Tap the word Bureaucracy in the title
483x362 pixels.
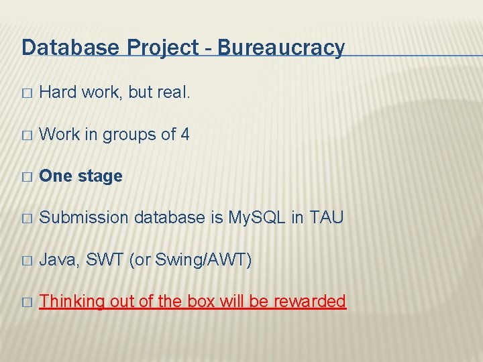click(x=281, y=48)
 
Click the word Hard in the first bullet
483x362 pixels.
click(x=58, y=93)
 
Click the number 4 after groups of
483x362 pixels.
click(x=184, y=134)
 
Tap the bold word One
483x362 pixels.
click(x=56, y=176)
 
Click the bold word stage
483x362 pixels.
click(x=100, y=177)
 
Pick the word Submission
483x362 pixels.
click(x=85, y=218)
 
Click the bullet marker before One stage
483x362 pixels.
click(x=26, y=177)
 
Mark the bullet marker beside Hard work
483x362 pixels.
click(x=26, y=93)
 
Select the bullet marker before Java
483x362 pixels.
click(x=26, y=260)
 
